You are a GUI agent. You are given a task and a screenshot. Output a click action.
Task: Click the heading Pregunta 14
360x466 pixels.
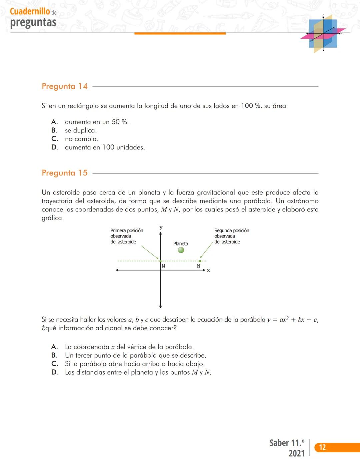click(x=65, y=86)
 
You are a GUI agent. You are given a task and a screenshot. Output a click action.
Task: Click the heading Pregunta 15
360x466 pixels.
click(x=65, y=173)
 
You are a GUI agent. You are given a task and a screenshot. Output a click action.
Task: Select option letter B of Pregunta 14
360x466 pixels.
click(x=54, y=130)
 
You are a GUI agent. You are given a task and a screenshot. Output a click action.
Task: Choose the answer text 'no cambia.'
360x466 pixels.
click(x=81, y=139)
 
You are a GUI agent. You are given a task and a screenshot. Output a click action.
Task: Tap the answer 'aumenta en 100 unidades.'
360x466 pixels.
click(x=105, y=147)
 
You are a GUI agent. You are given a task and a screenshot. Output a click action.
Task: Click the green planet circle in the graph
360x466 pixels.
click(x=181, y=250)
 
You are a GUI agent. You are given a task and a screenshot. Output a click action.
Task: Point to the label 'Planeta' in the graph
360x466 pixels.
click(x=180, y=244)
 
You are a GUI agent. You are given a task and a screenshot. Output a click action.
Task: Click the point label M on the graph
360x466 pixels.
click(x=163, y=266)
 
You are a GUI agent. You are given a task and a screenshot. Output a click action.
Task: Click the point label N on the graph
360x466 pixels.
click(x=199, y=266)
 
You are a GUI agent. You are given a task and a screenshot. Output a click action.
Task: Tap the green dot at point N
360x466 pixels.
click(x=200, y=261)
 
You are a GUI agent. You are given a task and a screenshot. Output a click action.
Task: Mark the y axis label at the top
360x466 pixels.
click(x=161, y=228)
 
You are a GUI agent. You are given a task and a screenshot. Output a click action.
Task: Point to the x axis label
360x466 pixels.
click(x=208, y=270)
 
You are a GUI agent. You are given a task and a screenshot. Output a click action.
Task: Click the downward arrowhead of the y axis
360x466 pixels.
click(x=160, y=306)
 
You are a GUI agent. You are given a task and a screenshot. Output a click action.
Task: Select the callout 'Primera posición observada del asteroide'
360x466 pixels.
click(x=127, y=236)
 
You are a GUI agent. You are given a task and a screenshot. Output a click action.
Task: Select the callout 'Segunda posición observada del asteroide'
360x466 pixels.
click(x=231, y=236)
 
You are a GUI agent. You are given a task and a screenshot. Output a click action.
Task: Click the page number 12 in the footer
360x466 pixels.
click(x=322, y=447)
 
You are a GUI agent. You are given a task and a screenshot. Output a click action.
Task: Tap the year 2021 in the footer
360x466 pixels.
click(x=296, y=453)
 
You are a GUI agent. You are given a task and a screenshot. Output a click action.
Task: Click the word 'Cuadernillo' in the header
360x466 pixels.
click(x=30, y=11)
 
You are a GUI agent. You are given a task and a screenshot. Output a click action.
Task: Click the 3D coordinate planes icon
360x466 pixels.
click(x=323, y=34)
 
